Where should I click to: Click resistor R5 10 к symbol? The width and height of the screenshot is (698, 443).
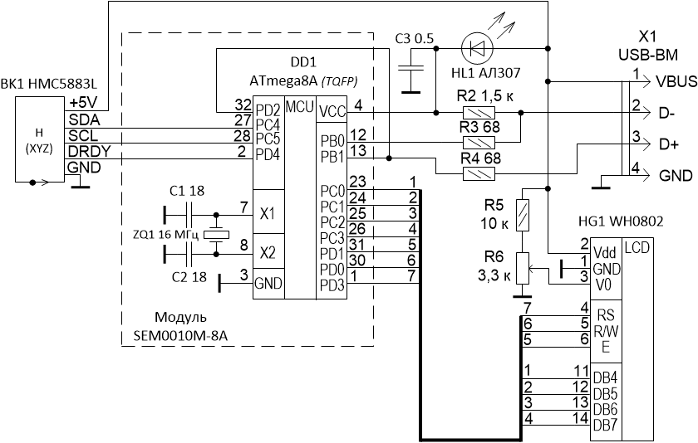(x=523, y=217)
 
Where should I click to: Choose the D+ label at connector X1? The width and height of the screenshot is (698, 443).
(x=668, y=144)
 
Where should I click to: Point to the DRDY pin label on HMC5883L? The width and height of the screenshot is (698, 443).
(x=86, y=151)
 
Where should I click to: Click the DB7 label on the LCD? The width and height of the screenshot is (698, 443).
(x=604, y=425)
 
